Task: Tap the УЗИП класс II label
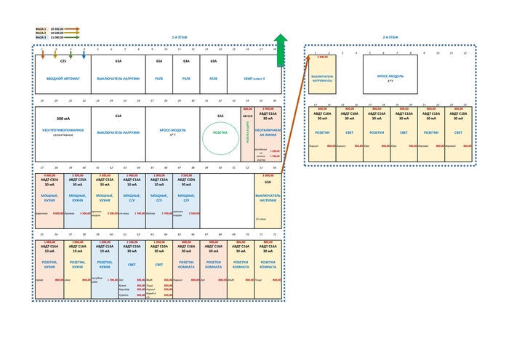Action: (x=254, y=79)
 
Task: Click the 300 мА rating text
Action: (x=63, y=118)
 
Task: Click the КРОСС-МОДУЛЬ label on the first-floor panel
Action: (x=173, y=132)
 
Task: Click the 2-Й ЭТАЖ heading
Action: (x=390, y=37)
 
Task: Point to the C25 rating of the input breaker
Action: (x=63, y=61)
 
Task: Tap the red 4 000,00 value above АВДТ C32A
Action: (x=49, y=175)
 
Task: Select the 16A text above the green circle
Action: (x=220, y=116)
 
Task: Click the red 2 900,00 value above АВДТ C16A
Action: (x=268, y=108)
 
